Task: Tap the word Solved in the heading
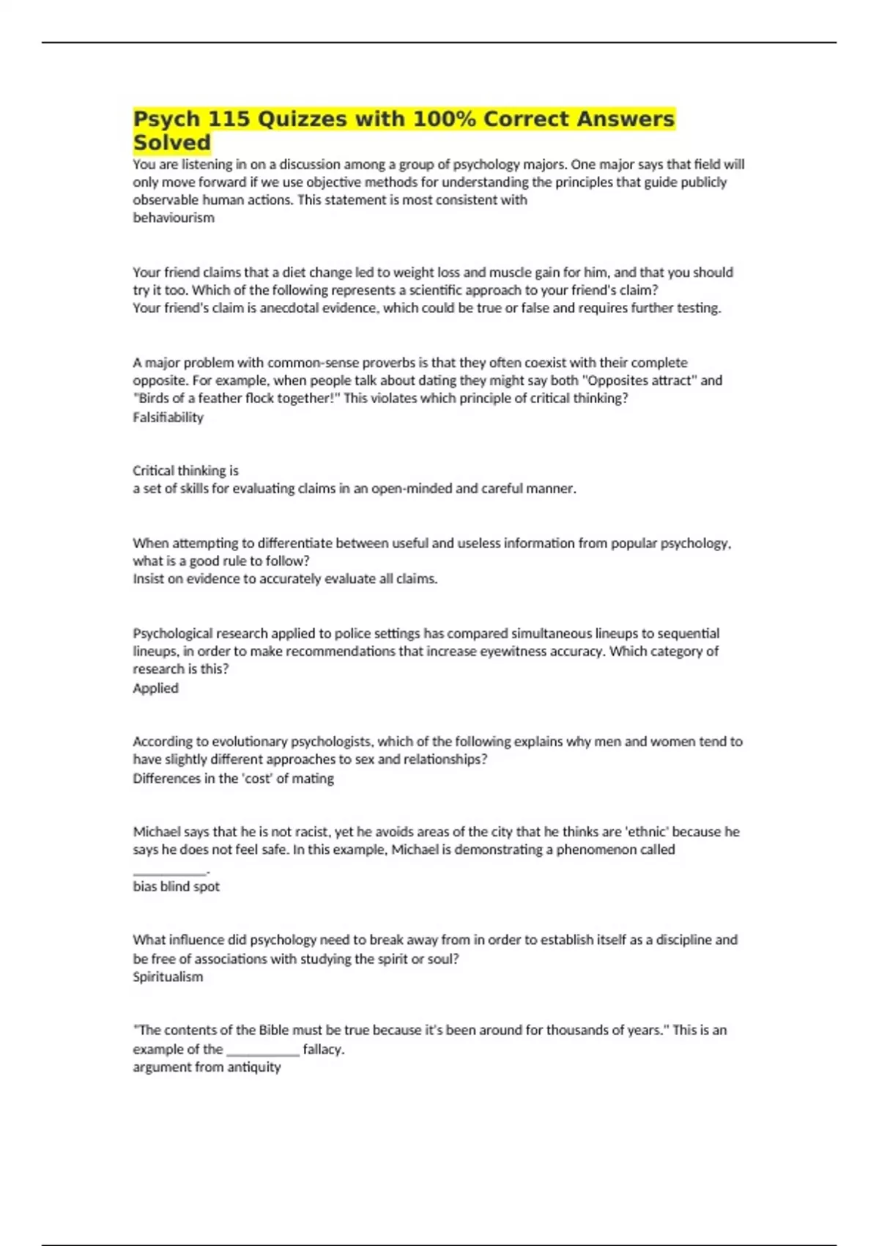pyautogui.click(x=171, y=142)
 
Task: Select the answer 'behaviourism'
pyautogui.click(x=174, y=218)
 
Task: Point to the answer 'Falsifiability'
pyautogui.click(x=168, y=417)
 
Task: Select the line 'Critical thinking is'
pyautogui.click(x=185, y=471)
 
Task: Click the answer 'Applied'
pyautogui.click(x=155, y=687)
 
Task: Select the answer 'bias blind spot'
pyautogui.click(x=176, y=886)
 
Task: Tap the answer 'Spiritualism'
pyautogui.click(x=168, y=976)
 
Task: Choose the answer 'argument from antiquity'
pyautogui.click(x=207, y=1066)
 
